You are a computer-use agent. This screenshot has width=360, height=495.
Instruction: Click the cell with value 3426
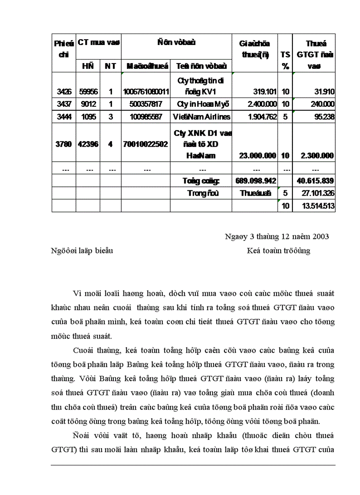click(x=64, y=92)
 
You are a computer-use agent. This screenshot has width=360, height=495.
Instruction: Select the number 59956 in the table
click(x=88, y=92)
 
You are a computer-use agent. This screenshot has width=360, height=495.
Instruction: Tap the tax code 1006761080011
click(x=146, y=92)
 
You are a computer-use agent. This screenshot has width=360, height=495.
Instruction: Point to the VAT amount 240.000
click(x=322, y=104)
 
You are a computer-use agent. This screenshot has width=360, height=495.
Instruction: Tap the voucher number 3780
click(x=64, y=144)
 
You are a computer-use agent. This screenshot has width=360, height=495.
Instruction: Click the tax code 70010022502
click(x=146, y=144)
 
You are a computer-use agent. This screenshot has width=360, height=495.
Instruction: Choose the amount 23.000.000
click(x=258, y=156)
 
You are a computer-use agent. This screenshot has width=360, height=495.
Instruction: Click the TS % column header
click(x=285, y=60)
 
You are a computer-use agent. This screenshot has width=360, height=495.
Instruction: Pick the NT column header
click(x=110, y=66)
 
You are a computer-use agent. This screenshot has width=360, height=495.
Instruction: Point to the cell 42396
click(x=88, y=144)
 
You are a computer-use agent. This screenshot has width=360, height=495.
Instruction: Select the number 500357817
click(x=146, y=104)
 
